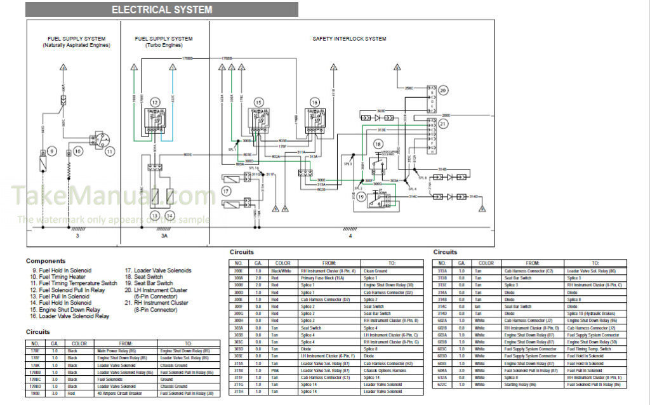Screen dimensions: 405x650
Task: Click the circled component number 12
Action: pyautogui.click(x=155, y=102)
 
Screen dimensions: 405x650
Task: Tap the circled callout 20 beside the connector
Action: pyautogui.click(x=443, y=90)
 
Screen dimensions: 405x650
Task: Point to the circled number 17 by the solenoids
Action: pyautogui.click(x=225, y=190)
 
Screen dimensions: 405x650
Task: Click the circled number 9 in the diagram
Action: pyautogui.click(x=52, y=151)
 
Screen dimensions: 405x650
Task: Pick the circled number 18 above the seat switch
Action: pyautogui.click(x=378, y=145)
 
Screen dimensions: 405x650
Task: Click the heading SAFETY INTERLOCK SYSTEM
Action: pyautogui.click(x=349, y=39)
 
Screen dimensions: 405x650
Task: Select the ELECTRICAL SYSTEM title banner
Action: pyautogui.click(x=162, y=10)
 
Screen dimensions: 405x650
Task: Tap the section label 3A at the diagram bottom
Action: pyautogui.click(x=164, y=236)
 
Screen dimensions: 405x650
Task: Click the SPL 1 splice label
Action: pyautogui.click(x=232, y=150)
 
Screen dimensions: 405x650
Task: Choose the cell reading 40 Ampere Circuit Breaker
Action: pyautogui.click(x=122, y=393)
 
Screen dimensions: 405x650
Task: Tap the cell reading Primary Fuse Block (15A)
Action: pyautogui.click(x=329, y=277)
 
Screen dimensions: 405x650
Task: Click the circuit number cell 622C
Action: pyautogui.click(x=443, y=385)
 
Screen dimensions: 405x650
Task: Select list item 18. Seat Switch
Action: pyautogui.click(x=144, y=277)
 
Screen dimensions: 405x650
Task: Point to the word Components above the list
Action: pyautogui.click(x=46, y=261)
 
